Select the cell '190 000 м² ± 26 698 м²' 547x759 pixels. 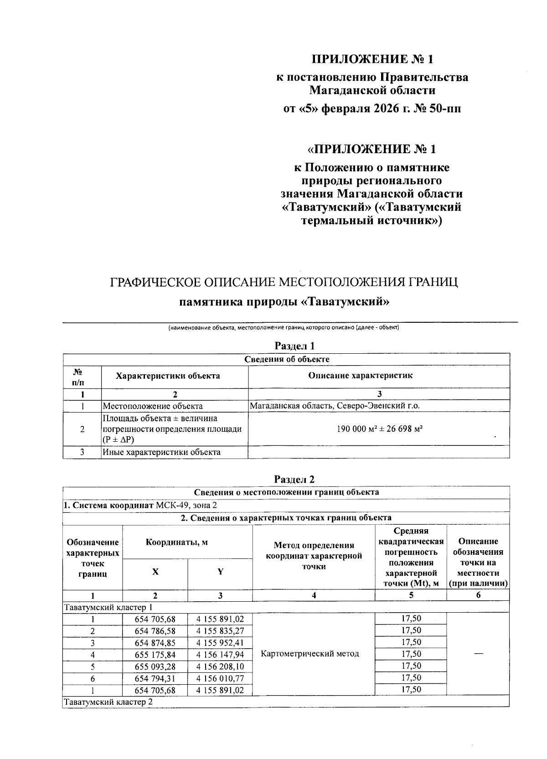point(379,429)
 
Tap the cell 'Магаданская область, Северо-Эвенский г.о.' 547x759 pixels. point(335,406)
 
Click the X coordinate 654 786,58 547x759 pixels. point(155,631)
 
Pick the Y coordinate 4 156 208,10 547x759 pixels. point(220,666)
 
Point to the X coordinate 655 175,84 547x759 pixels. point(155,655)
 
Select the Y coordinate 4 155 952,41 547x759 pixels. point(220,643)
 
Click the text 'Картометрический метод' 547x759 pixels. point(310,654)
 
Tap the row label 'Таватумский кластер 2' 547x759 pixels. point(108,702)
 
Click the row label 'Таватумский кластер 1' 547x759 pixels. point(108,607)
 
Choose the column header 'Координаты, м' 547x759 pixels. point(177,542)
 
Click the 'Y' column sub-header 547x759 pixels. point(220,572)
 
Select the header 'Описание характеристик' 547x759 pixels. point(360,376)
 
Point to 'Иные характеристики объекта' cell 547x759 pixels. point(162,452)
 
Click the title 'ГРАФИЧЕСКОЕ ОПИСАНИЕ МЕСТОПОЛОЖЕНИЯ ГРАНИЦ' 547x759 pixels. point(284,282)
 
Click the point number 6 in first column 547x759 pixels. point(93,678)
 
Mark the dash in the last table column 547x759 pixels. point(478,654)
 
